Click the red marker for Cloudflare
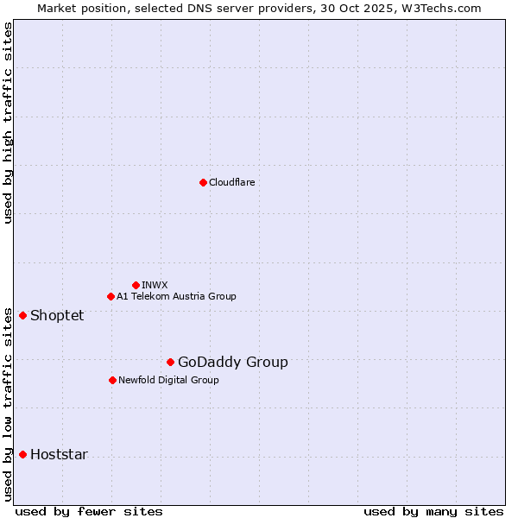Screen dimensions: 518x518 tap(203, 182)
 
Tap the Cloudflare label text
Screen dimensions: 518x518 tap(231, 182)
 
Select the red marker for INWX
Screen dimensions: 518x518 tap(136, 285)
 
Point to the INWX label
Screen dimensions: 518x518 tap(155, 285)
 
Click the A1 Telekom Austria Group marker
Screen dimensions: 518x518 tap(111, 296)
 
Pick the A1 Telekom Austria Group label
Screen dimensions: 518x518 tap(176, 296)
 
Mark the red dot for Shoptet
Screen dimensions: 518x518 tap(22, 315)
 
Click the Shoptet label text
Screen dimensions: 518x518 tap(57, 315)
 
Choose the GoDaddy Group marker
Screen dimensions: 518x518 tap(170, 362)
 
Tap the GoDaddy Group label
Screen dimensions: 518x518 tap(232, 362)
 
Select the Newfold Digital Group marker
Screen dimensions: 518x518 tap(112, 380)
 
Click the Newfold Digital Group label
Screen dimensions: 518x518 tap(168, 380)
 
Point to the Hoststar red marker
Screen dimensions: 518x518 tap(22, 454)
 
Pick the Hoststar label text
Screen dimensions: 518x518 tap(59, 454)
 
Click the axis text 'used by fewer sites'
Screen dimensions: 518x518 tap(89, 511)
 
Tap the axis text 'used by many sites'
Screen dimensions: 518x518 tap(433, 511)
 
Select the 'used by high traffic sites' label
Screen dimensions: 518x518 tap(8, 123)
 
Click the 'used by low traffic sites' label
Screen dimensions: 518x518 tap(8, 402)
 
